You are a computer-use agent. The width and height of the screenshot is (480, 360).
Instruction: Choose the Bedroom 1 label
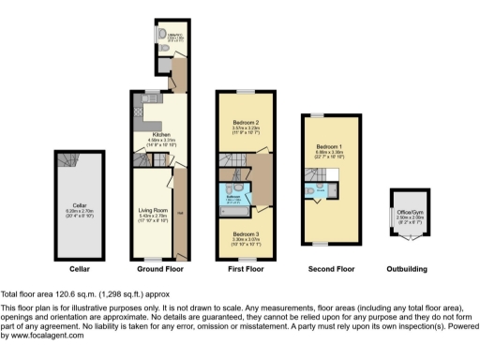pyautogui.click(x=328, y=147)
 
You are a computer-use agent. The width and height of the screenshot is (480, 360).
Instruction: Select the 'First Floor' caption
pyautogui.click(x=245, y=269)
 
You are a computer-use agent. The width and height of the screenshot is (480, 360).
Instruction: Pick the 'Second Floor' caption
pyautogui.click(x=331, y=269)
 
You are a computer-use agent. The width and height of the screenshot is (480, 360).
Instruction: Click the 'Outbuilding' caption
pyautogui.click(x=407, y=269)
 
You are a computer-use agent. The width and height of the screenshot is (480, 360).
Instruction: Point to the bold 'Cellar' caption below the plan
pyautogui.click(x=80, y=269)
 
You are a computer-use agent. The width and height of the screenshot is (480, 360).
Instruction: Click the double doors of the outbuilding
pyautogui.click(x=407, y=235)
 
